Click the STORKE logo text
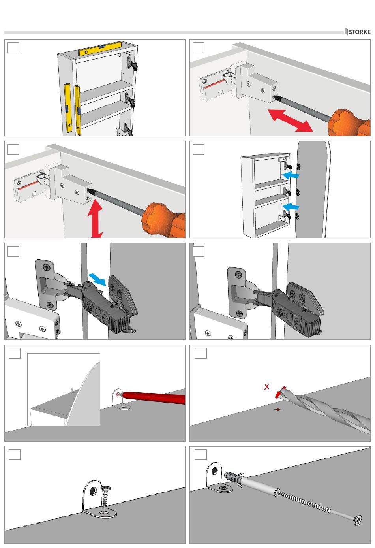(x=359, y=32)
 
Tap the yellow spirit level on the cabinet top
(x=100, y=49)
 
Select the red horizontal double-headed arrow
(x=290, y=121)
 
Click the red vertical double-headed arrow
(x=95, y=218)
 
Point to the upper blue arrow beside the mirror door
(x=291, y=175)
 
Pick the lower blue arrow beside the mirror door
(x=291, y=206)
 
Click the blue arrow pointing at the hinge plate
(x=97, y=280)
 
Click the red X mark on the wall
(x=267, y=387)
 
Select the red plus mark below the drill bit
(x=278, y=410)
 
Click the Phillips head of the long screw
(x=358, y=520)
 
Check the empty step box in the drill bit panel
(x=201, y=353)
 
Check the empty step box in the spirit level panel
(x=13, y=47)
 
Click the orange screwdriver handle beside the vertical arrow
(x=163, y=219)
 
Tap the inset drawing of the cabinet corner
(x=64, y=389)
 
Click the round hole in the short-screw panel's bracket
(x=94, y=491)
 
